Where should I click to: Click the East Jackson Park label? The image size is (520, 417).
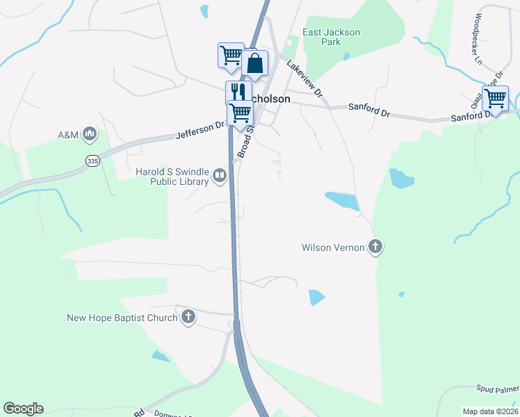[x=332, y=37]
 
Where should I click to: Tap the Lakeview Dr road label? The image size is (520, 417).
[x=305, y=78]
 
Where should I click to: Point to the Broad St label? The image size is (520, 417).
[x=245, y=140]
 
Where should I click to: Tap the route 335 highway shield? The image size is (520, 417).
[x=92, y=161]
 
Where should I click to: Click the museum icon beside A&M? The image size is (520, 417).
[x=89, y=133]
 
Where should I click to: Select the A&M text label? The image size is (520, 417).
[x=68, y=134]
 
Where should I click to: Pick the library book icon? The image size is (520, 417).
[x=220, y=177]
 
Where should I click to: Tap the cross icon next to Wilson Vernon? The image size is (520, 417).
[x=375, y=247]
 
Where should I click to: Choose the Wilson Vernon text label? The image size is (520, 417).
[x=333, y=247]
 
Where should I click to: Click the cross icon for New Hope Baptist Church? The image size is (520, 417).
[x=188, y=318]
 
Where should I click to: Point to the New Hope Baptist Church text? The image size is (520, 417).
[x=122, y=318]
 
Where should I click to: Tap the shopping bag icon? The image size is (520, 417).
[x=255, y=63]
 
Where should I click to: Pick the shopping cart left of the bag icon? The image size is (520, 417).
[x=231, y=55]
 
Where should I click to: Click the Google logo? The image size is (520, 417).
[x=23, y=409]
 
